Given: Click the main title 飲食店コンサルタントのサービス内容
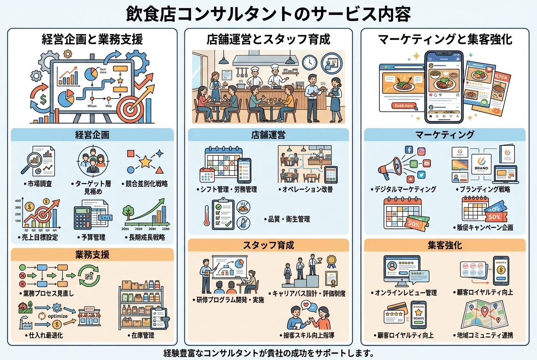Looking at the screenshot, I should tap(268, 14).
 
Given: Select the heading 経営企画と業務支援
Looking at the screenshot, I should tap(92, 40).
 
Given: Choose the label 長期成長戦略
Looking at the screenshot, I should tap(147, 237).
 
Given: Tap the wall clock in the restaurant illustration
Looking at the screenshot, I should tap(310, 62).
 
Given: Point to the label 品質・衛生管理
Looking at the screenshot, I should tap(288, 219).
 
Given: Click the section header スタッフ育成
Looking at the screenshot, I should tap(268, 245).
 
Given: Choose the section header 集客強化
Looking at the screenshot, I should tap(445, 245).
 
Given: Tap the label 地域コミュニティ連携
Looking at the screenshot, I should tap(482, 335).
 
